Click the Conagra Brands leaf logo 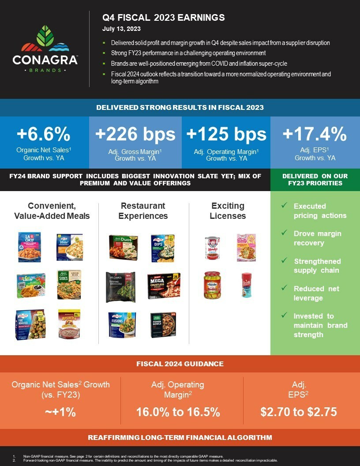[x=45, y=39]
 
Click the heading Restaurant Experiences [x=143, y=211]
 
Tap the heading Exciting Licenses [x=228, y=211]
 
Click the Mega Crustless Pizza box [x=164, y=286]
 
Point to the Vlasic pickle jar [x=212, y=285]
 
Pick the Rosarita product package [x=69, y=323]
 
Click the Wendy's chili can [x=212, y=247]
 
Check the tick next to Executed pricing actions [x=285, y=206]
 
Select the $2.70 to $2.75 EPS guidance [x=299, y=412]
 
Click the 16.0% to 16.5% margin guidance [x=178, y=412]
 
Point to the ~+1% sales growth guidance [x=60, y=412]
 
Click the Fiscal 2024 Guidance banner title [x=180, y=364]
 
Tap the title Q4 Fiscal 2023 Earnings [x=164, y=18]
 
